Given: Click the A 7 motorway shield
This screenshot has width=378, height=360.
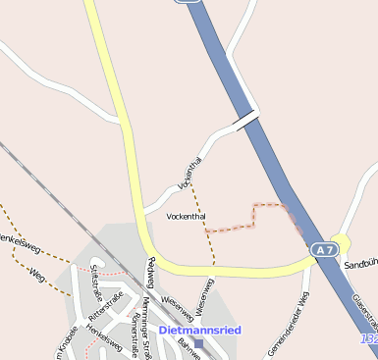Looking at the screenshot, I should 326,251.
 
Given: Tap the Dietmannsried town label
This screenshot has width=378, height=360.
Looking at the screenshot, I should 199,331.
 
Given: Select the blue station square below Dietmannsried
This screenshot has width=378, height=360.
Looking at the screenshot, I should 198,344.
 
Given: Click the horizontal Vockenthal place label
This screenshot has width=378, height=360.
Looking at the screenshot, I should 187,216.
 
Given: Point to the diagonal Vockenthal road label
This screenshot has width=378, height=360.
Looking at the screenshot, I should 189,173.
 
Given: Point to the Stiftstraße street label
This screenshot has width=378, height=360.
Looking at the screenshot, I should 95,280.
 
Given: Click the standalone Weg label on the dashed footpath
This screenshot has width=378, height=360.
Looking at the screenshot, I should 37,274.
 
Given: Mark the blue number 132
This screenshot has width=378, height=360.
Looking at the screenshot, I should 369,339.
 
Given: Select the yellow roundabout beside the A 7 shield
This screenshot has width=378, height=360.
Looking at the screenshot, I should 341,242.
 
